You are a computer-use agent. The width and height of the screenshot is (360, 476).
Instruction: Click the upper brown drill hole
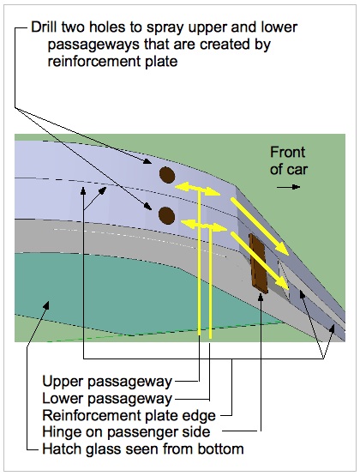pyautogui.click(x=167, y=175)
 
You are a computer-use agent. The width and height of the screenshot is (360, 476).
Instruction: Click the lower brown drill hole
pyautogui.click(x=167, y=215)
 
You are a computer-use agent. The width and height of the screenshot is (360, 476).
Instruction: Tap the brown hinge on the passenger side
pyautogui.click(x=258, y=263)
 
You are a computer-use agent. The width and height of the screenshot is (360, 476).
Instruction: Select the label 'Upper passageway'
pyautogui.click(x=107, y=382)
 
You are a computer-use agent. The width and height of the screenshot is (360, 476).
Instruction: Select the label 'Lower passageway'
pyautogui.click(x=107, y=398)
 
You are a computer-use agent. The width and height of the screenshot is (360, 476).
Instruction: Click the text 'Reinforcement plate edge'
pyautogui.click(x=129, y=415)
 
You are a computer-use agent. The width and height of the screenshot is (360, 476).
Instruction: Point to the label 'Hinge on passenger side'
pyautogui.click(x=126, y=431)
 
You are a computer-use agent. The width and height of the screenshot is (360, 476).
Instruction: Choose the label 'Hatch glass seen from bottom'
pyautogui.click(x=143, y=449)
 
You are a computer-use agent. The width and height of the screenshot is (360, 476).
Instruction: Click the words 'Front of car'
pyautogui.click(x=289, y=160)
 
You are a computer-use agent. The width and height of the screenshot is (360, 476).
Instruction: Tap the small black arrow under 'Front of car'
pyautogui.click(x=288, y=187)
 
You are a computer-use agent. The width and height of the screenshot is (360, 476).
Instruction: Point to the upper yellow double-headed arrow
pyautogui.click(x=197, y=190)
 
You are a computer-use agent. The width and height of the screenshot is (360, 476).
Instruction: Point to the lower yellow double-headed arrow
pyautogui.click(x=204, y=225)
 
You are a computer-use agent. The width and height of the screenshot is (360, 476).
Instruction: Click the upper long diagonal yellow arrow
pyautogui.click(x=260, y=226)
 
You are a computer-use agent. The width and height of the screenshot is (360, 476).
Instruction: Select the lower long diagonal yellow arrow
pyautogui.click(x=260, y=261)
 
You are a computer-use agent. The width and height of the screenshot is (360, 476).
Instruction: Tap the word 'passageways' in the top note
pyautogui.click(x=93, y=45)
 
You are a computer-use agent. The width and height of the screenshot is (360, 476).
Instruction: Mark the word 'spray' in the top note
pyautogui.click(x=165, y=28)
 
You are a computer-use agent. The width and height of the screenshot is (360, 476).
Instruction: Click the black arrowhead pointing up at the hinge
pyautogui.click(x=261, y=298)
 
